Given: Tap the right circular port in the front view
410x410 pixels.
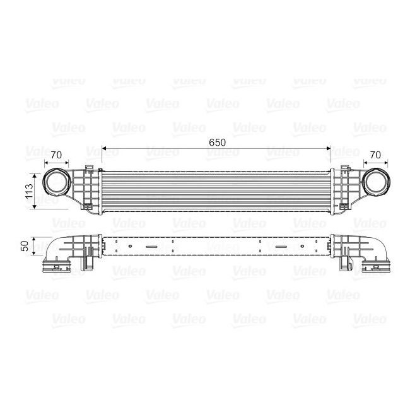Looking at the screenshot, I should click(x=377, y=181).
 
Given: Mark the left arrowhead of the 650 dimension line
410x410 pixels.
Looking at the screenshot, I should click(x=105, y=150).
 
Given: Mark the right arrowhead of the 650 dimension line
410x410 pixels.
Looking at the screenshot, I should click(x=328, y=150).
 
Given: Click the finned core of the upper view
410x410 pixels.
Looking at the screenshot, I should click(x=216, y=190).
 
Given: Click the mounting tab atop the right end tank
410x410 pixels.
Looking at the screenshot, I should click(x=346, y=168).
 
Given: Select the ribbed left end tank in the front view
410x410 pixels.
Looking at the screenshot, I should click(x=88, y=189).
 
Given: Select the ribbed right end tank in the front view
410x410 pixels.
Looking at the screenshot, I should click(x=343, y=189).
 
